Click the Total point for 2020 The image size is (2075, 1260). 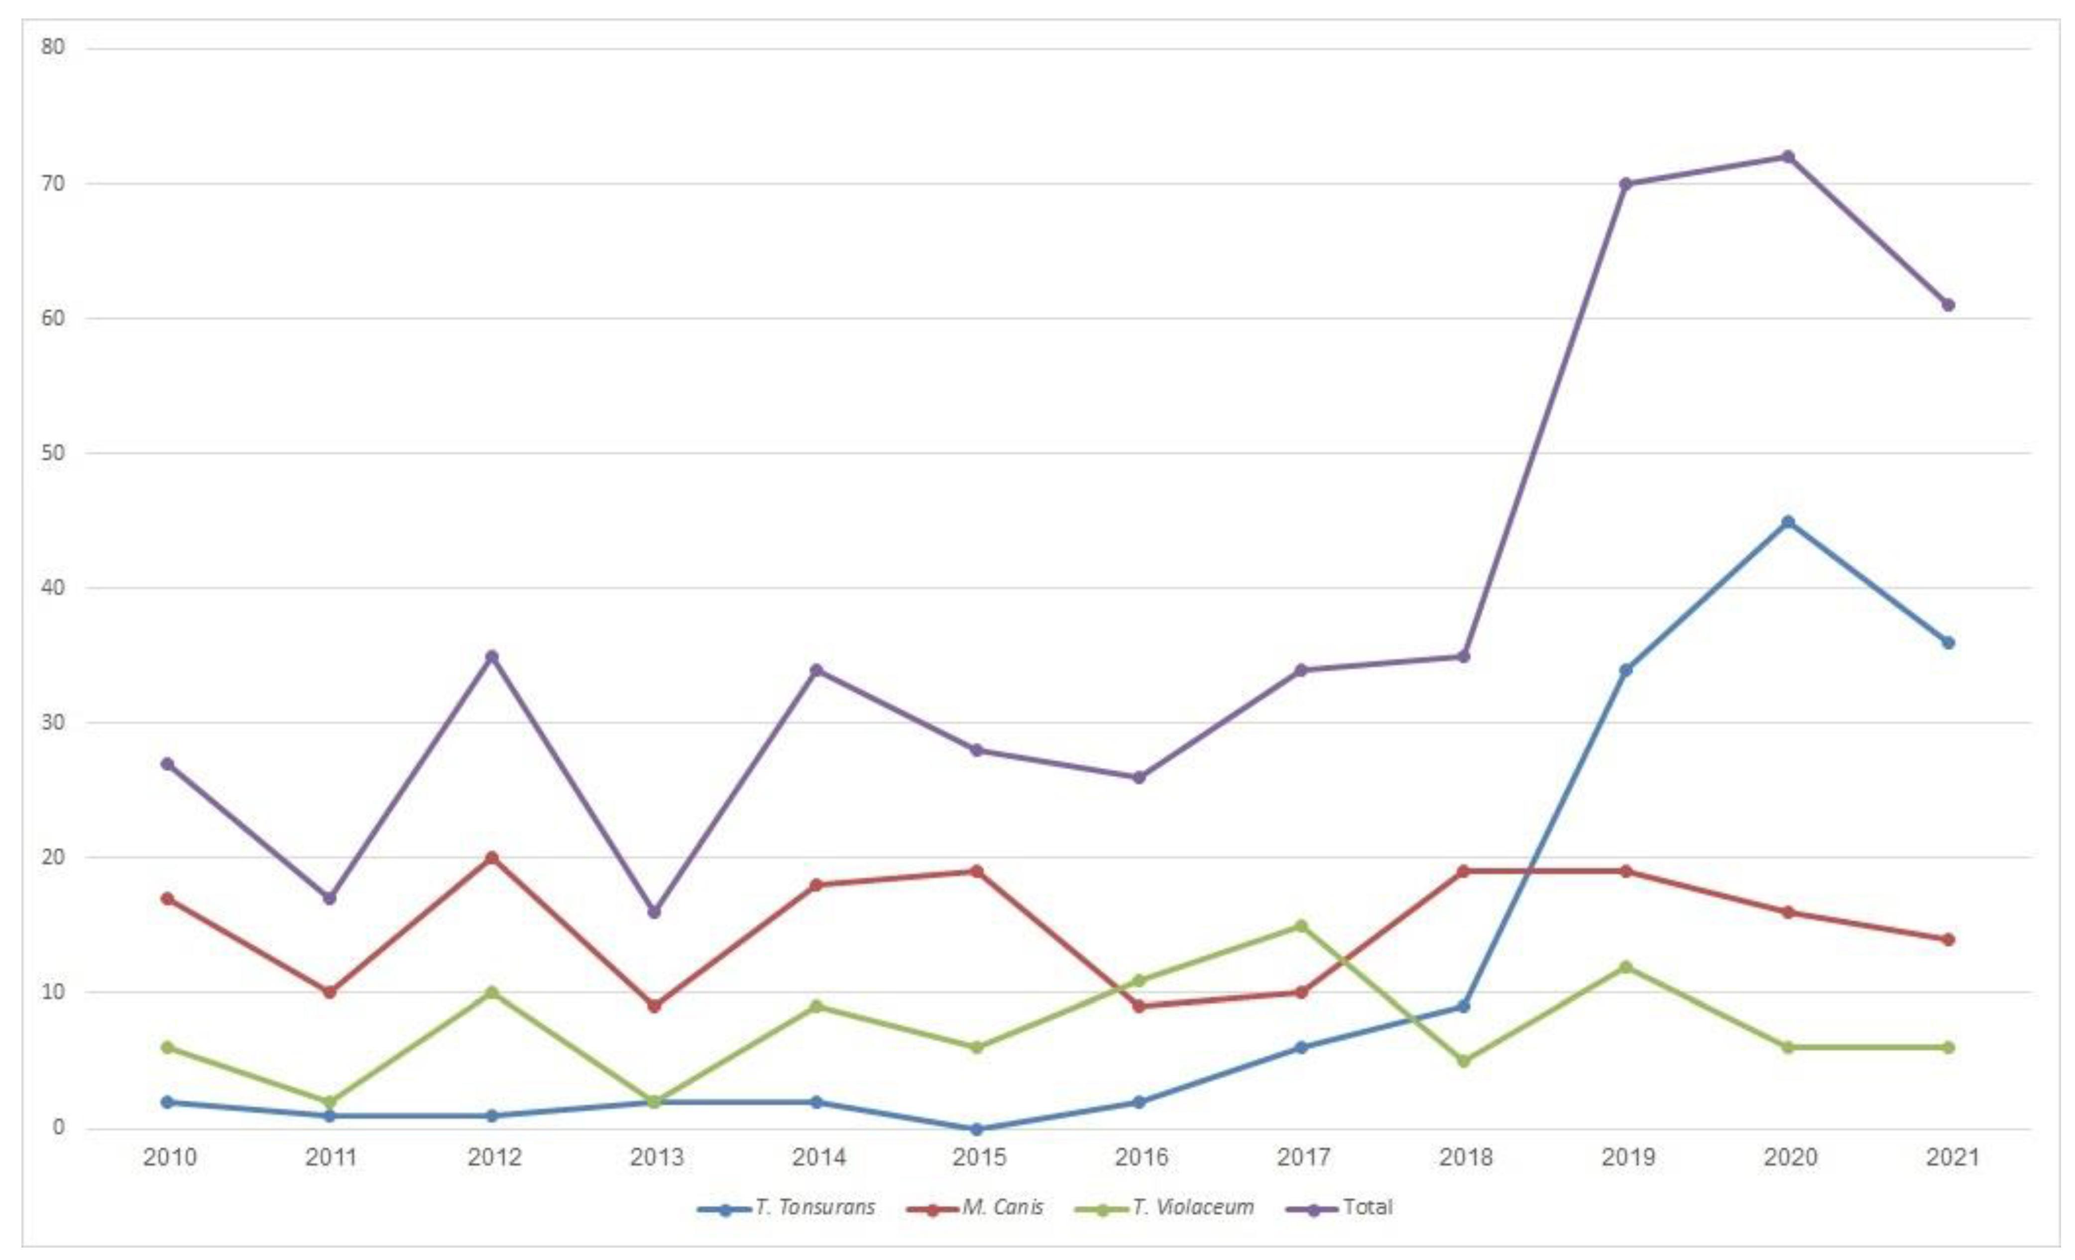1787,157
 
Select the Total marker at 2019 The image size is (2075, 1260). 1625,184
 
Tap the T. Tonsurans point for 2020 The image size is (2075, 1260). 1787,522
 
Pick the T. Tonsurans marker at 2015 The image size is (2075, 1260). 977,1129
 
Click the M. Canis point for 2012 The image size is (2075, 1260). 492,858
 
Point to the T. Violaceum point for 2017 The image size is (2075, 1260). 1301,926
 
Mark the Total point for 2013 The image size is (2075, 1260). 654,912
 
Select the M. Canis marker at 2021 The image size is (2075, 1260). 1948,940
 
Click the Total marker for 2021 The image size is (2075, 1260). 1948,305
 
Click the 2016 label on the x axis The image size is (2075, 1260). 1141,1157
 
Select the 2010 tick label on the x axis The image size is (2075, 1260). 169,1157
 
